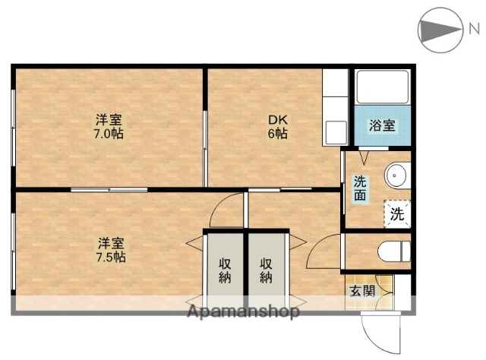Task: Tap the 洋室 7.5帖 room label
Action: tap(111, 250)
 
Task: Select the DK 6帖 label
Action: tap(276, 127)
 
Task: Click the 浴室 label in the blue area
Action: tap(381, 127)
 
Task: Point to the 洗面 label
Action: tap(360, 188)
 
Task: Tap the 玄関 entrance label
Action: tap(361, 291)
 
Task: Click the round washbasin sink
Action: tap(396, 177)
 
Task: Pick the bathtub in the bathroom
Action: tap(383, 87)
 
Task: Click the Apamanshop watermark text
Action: tap(243, 311)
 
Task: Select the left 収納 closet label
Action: tap(225, 270)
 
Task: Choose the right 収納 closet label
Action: tap(266, 270)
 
